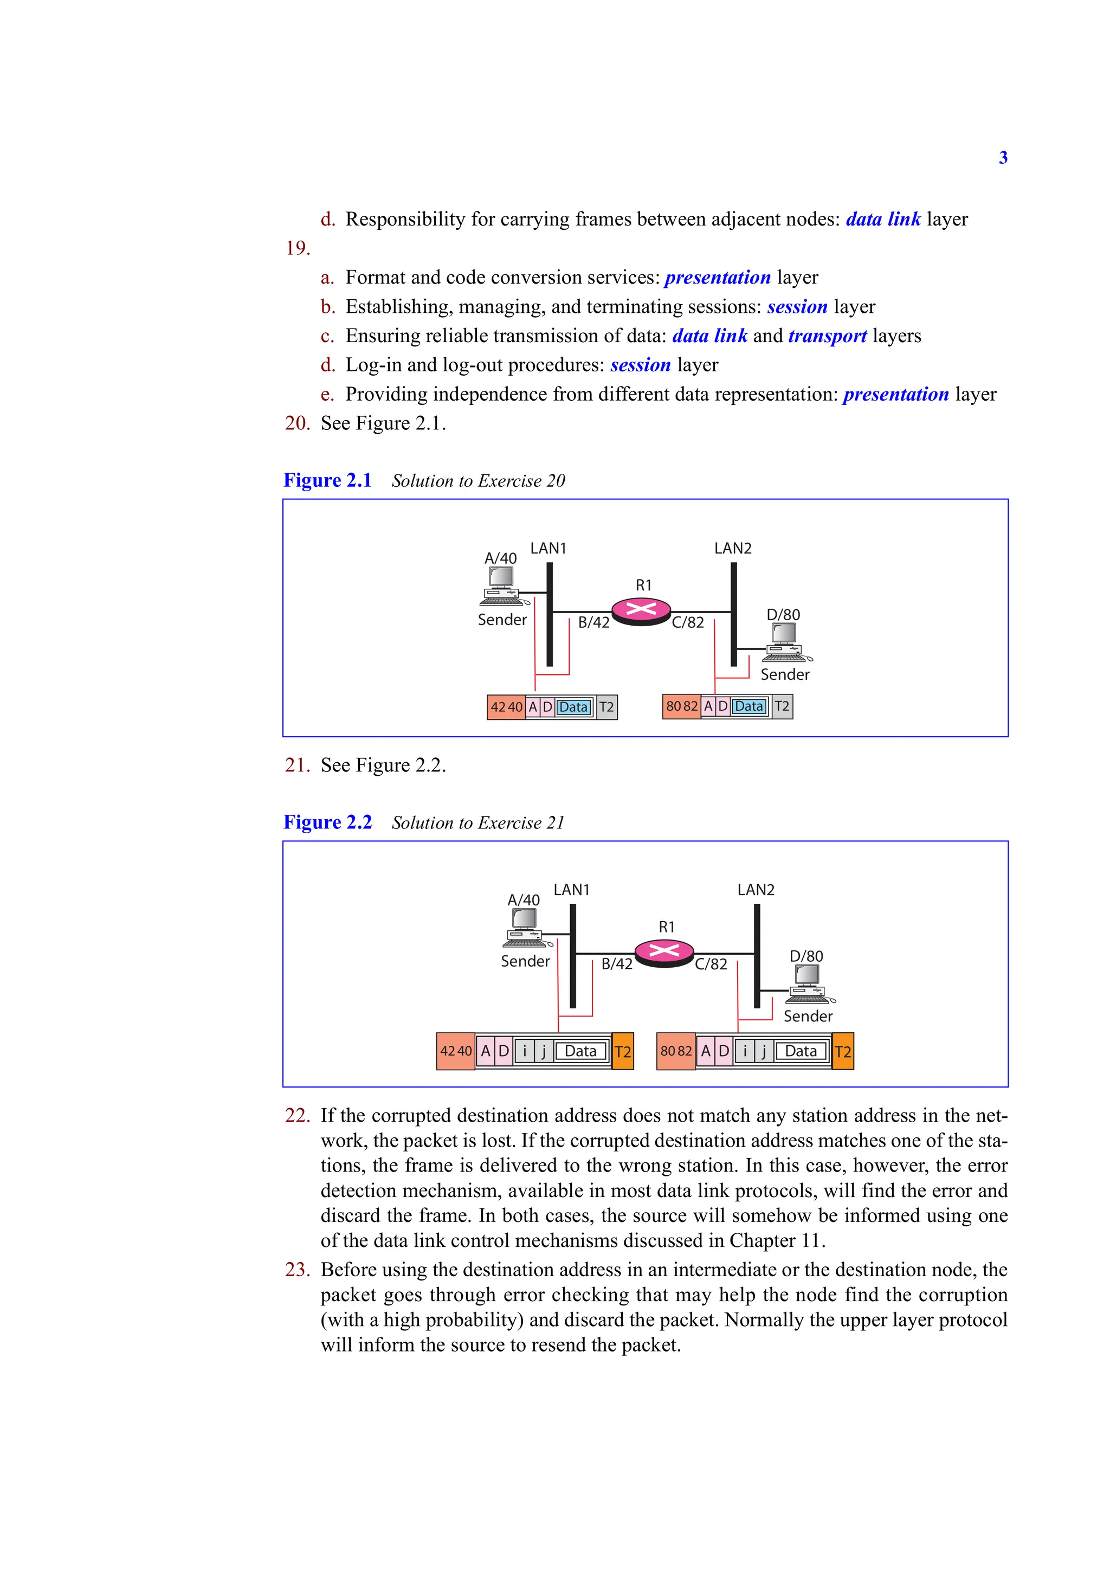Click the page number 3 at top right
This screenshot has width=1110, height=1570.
point(1003,157)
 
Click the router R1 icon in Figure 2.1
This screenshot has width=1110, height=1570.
point(641,610)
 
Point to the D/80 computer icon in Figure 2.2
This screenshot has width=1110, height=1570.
point(810,985)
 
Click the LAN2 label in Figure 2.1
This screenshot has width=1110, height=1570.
point(732,549)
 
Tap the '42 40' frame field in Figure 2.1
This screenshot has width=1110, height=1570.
point(506,707)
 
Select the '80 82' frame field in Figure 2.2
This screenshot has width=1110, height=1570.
point(675,1051)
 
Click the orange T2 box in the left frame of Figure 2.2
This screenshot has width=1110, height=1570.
point(623,1052)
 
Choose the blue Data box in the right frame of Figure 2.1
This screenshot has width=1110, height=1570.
point(749,706)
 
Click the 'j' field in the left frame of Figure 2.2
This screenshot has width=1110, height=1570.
point(544,1051)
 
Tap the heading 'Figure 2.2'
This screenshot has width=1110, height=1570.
point(327,822)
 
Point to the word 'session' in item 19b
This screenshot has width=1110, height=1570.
point(797,306)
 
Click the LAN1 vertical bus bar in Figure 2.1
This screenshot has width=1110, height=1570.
point(550,614)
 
